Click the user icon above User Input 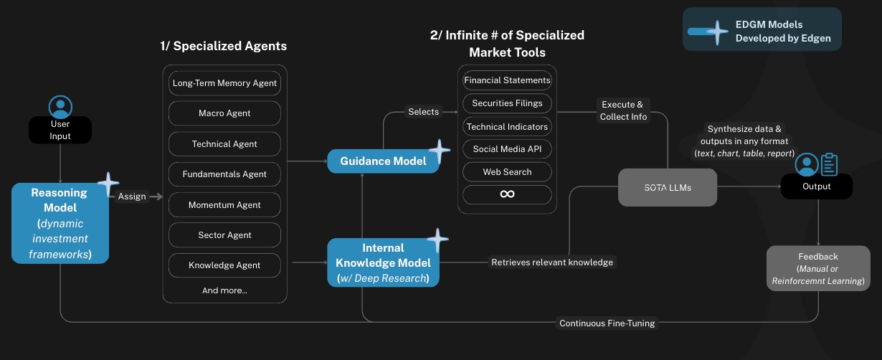(x=60, y=107)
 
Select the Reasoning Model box (x=60, y=223)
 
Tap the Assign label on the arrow (x=132, y=196)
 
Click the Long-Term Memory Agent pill (x=224, y=83)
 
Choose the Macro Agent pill (x=224, y=113)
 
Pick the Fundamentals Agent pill (x=224, y=174)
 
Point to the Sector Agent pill (x=224, y=235)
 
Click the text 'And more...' (x=224, y=290)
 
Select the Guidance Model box (x=383, y=161)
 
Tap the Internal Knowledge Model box (x=383, y=262)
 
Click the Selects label (x=424, y=111)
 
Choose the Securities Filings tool (x=507, y=103)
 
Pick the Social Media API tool (x=507, y=149)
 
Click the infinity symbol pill (x=507, y=194)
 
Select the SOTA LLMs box (x=667, y=187)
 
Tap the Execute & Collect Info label (x=623, y=110)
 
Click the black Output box (x=817, y=186)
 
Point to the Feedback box (x=818, y=268)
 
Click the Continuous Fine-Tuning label (x=607, y=323)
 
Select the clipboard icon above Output (x=829, y=165)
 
